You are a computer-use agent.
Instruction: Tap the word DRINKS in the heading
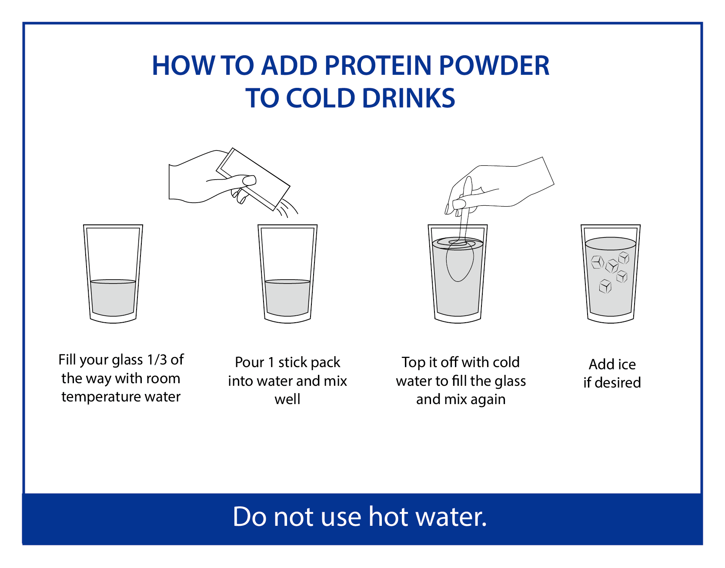408,98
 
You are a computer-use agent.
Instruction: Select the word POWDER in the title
494,66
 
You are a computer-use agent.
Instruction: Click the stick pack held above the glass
254,179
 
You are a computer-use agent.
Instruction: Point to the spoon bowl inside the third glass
459,261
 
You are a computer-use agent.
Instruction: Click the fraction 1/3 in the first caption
157,360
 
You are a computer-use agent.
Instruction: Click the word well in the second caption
287,399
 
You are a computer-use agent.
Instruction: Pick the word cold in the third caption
506,362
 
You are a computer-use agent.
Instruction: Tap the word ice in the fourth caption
627,364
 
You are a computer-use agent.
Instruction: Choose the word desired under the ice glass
618,383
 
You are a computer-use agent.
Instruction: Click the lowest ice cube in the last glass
605,286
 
